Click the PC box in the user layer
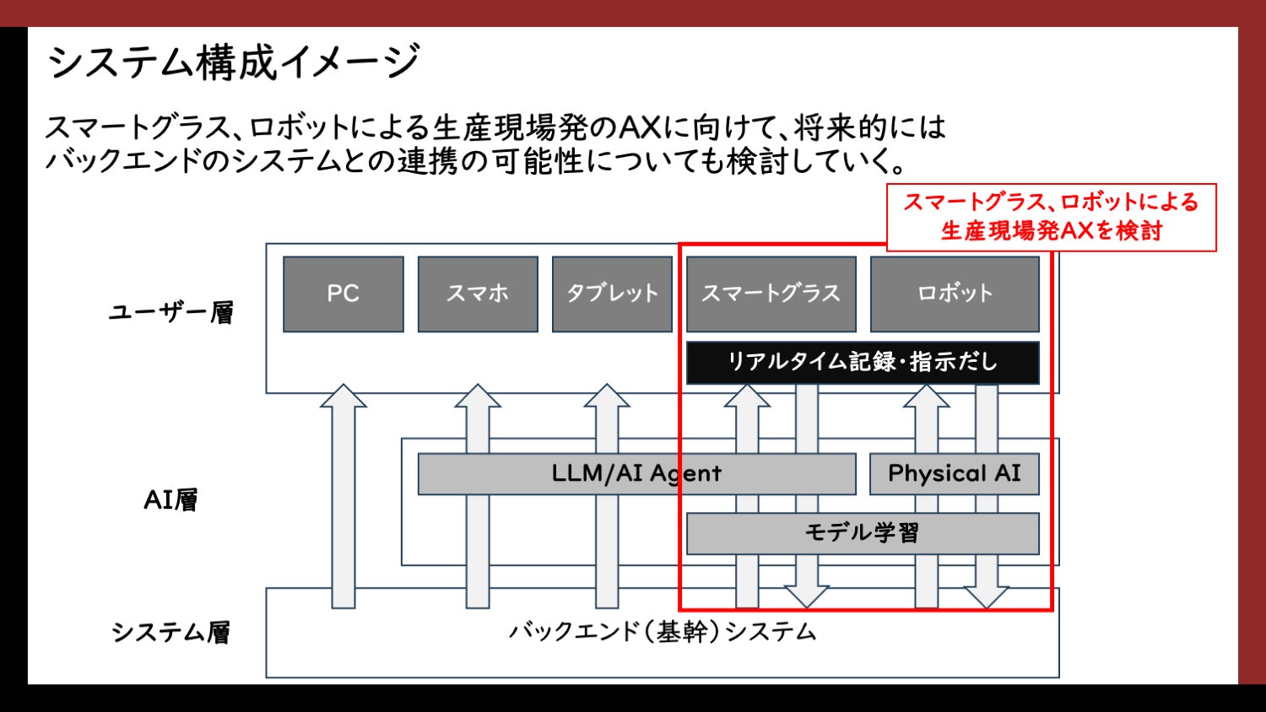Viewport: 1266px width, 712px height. (343, 294)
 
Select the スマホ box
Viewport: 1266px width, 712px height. (478, 294)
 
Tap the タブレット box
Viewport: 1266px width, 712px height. (612, 294)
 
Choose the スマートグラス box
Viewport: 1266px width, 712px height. (771, 294)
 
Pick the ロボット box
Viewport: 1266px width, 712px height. (955, 294)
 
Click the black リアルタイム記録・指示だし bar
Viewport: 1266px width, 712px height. (862, 362)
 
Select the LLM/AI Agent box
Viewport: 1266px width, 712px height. (636, 473)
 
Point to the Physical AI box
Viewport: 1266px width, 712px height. (954, 473)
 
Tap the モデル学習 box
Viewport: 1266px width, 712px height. (862, 533)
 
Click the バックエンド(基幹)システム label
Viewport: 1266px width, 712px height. (663, 632)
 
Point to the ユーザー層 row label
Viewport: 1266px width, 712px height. (170, 313)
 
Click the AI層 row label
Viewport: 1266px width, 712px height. (170, 500)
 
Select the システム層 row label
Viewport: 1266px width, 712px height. (170, 633)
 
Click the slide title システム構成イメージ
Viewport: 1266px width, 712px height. (234, 62)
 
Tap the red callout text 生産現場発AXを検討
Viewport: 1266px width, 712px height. (1052, 230)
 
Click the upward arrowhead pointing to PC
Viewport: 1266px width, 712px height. (343, 396)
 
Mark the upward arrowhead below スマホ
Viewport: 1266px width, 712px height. (478, 396)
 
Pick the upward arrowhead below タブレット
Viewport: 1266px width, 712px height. (607, 396)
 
